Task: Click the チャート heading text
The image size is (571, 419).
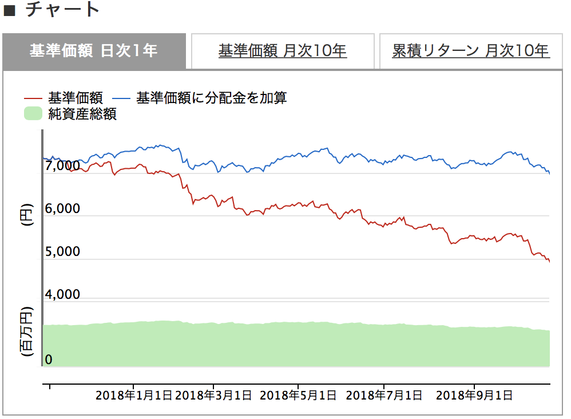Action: (63, 10)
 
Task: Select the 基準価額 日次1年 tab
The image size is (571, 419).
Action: (93, 51)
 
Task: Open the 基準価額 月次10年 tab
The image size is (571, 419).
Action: (283, 51)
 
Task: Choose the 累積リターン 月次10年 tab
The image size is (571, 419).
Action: (470, 51)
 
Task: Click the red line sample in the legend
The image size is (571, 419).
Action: (34, 98)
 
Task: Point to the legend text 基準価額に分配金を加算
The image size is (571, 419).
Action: (211, 98)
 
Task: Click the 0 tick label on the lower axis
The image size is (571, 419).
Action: (49, 359)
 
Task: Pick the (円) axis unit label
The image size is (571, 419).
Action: (26, 215)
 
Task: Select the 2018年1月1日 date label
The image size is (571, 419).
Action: (133, 395)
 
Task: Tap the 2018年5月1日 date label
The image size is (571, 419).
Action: (298, 395)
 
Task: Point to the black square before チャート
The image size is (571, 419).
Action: (9, 10)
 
